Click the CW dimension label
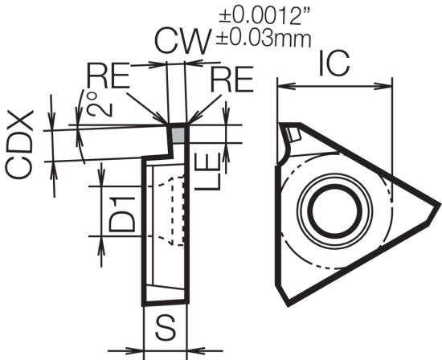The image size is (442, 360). [183, 42]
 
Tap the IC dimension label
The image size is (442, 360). [334, 63]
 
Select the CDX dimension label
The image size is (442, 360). [19, 145]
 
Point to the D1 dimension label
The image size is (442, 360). [122, 215]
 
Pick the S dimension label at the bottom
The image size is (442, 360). [166, 328]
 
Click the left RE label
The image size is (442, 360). [108, 76]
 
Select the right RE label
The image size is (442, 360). [232, 80]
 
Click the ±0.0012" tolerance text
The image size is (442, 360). [265, 16]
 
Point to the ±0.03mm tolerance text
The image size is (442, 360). [264, 39]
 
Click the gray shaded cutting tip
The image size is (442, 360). [178, 134]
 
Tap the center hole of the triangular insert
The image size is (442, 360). [335, 210]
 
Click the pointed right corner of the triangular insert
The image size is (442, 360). [439, 203]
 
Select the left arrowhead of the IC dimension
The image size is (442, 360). [286, 86]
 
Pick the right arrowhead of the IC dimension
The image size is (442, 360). [383, 86]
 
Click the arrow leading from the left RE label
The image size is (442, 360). [146, 108]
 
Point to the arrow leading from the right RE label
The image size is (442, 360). [204, 109]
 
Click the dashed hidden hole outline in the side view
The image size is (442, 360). [172, 210]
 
